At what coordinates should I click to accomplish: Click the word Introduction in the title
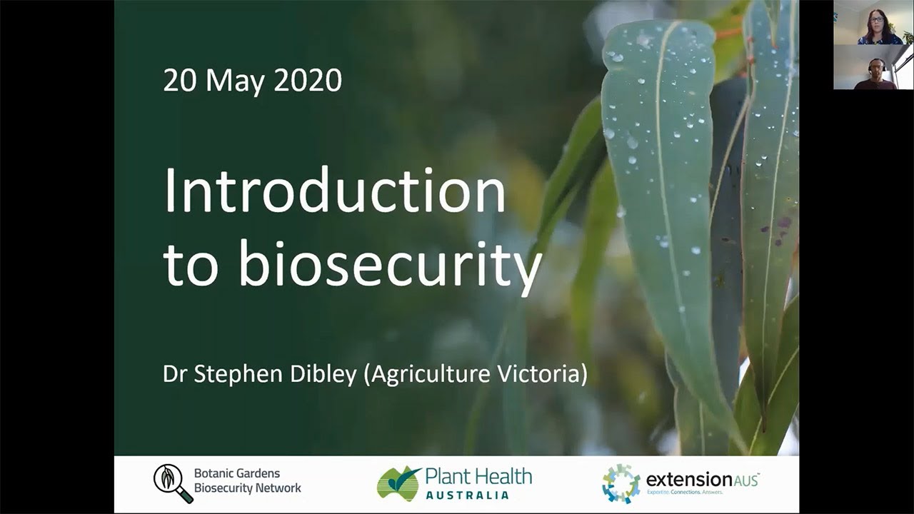[335, 191]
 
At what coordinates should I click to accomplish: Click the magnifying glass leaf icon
[172, 483]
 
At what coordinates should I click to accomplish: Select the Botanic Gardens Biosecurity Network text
[247, 481]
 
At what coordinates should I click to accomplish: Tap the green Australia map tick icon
[398, 483]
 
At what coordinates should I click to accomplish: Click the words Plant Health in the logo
[478, 475]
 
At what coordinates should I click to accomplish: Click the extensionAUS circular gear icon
[621, 483]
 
